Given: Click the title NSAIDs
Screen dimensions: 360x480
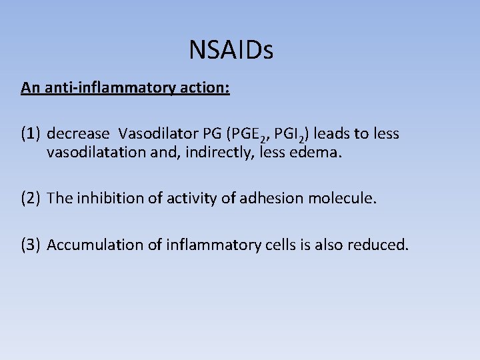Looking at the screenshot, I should click(231, 50).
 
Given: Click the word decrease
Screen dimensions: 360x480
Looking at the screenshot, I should click(78, 134).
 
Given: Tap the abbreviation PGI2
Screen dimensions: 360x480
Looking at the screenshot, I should click(291, 135).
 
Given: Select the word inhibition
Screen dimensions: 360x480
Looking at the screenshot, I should click(104, 198).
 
